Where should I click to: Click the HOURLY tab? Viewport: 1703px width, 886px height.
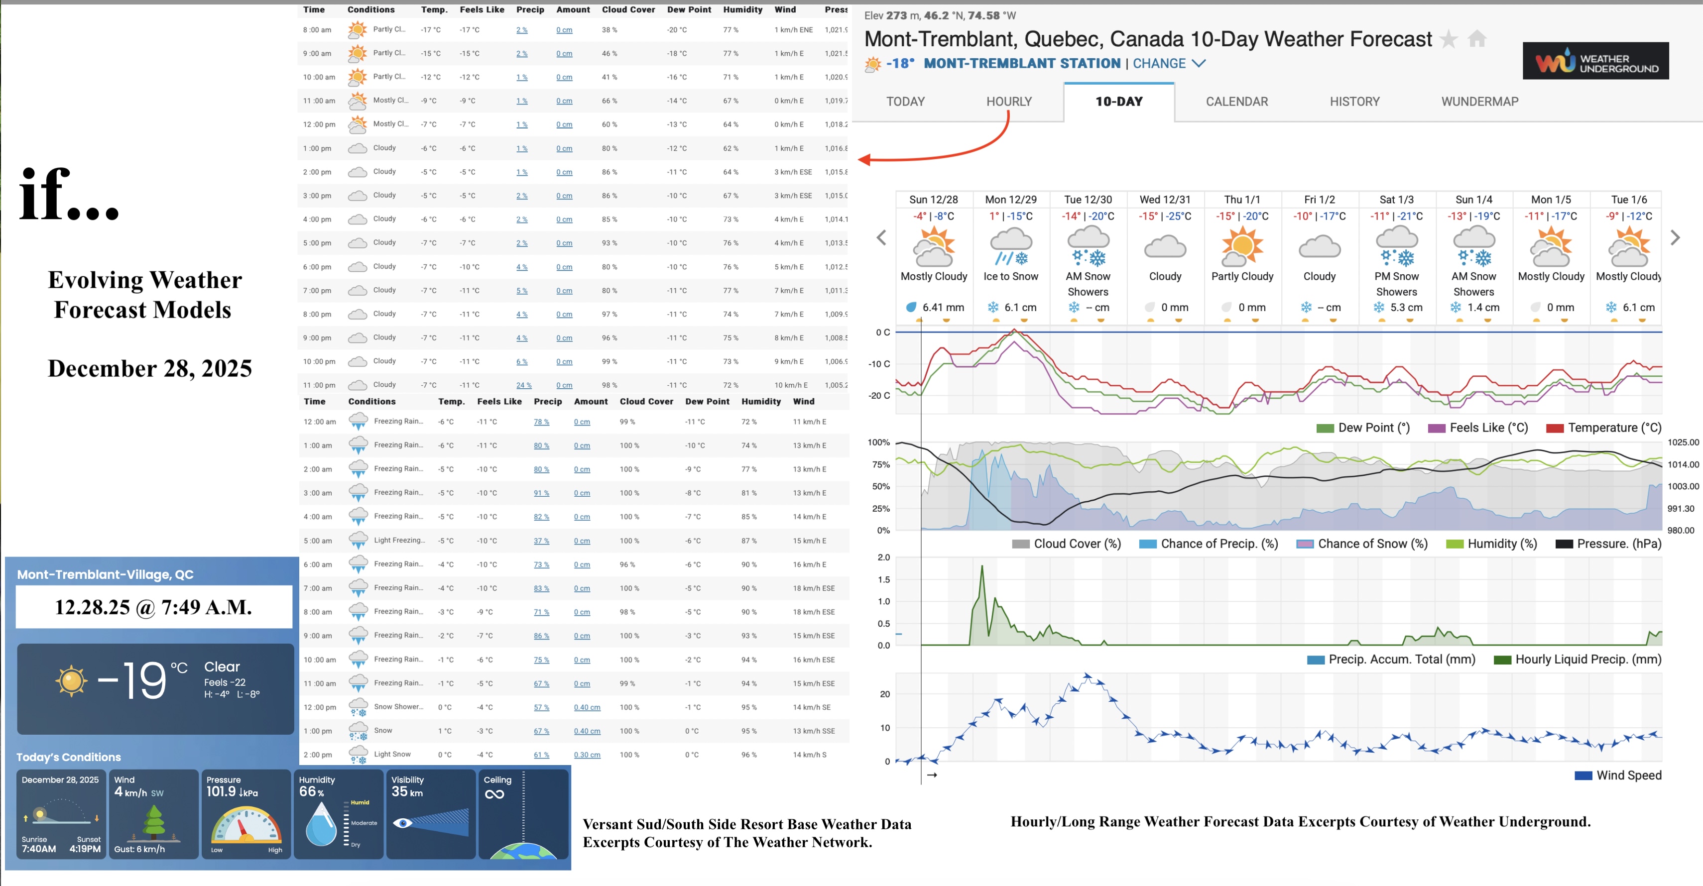pyautogui.click(x=1009, y=102)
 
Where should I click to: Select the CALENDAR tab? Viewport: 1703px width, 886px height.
pyautogui.click(x=1236, y=102)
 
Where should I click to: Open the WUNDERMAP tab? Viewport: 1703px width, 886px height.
pyautogui.click(x=1479, y=102)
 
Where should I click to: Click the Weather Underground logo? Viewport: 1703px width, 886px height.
pyautogui.click(x=1595, y=61)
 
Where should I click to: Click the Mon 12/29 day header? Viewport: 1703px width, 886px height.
pyautogui.click(x=1010, y=200)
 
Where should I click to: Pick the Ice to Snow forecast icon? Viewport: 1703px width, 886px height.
pyautogui.click(x=1011, y=246)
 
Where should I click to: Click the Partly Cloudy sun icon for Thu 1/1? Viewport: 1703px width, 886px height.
pyautogui.click(x=1242, y=246)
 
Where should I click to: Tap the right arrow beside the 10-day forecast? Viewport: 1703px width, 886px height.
pyautogui.click(x=1675, y=238)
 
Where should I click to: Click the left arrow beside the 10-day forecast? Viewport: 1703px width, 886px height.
pyautogui.click(x=881, y=238)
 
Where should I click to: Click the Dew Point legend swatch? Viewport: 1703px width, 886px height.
pyautogui.click(x=1325, y=428)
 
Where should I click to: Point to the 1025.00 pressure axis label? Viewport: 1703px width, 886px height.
pyautogui.click(x=1683, y=442)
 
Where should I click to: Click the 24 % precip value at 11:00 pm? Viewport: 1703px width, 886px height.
pyautogui.click(x=523, y=385)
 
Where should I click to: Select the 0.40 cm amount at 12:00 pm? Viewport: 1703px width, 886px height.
pyautogui.click(x=587, y=708)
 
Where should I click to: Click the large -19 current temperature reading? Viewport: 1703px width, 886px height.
pyautogui.click(x=132, y=680)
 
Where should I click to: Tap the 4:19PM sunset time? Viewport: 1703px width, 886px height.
pyautogui.click(x=85, y=849)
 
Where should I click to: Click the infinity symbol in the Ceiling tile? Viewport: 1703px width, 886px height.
pyautogui.click(x=494, y=794)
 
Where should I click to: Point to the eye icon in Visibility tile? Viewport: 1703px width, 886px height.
pyautogui.click(x=403, y=823)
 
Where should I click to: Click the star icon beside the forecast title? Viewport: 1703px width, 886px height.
pyautogui.click(x=1449, y=40)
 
